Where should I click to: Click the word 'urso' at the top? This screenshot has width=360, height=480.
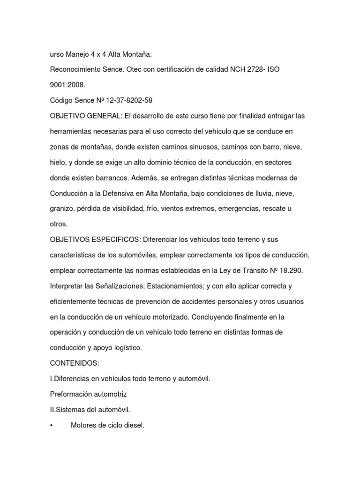[x=57, y=54]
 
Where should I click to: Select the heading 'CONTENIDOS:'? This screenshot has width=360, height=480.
[x=71, y=363]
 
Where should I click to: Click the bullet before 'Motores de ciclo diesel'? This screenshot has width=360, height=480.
[x=51, y=425]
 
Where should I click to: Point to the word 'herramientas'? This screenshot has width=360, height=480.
[x=71, y=131]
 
